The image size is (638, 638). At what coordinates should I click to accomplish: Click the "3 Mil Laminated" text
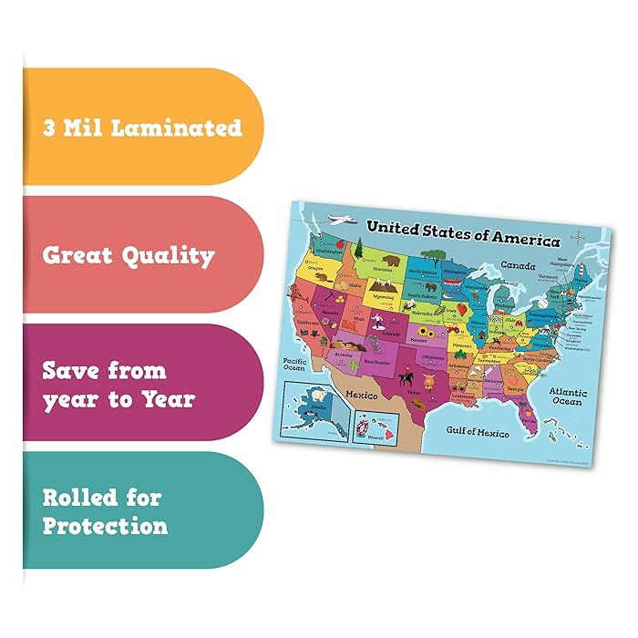pos(142,127)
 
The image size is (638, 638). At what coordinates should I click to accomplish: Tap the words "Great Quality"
pos(129,255)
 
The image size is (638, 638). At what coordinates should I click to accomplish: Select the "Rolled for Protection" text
pos(105,511)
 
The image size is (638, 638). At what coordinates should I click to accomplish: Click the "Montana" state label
pos(383,271)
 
